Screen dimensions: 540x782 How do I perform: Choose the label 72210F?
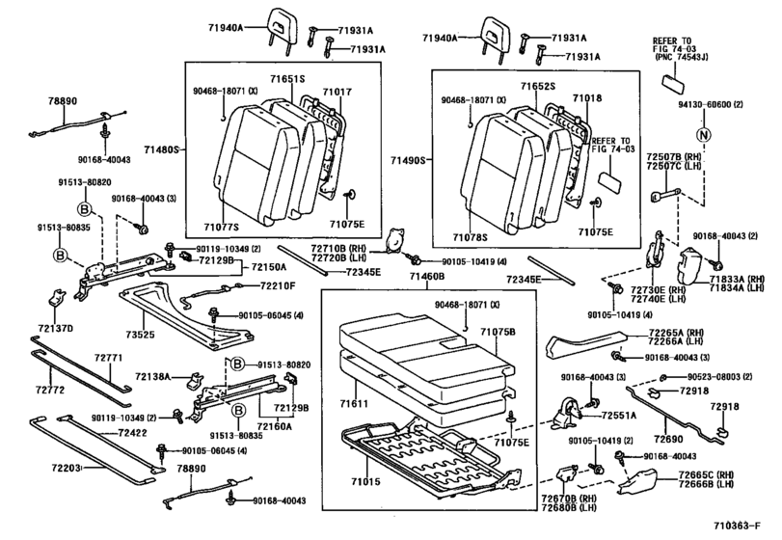pos(278,286)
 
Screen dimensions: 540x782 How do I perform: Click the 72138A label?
pos(151,376)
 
